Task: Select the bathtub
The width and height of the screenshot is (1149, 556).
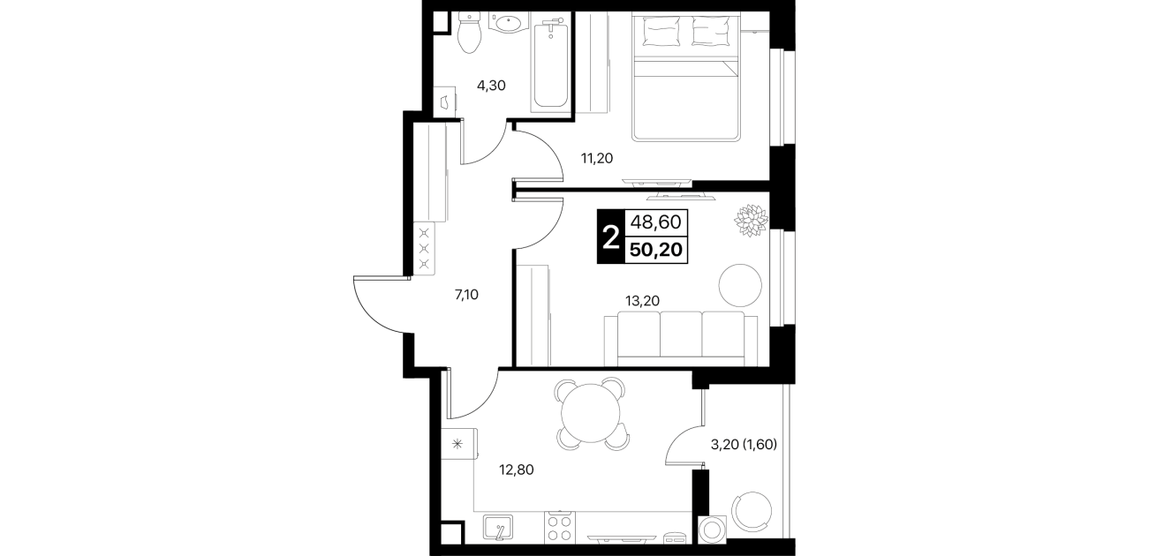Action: (x=550, y=62)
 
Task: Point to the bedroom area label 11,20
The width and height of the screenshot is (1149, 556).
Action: (x=596, y=158)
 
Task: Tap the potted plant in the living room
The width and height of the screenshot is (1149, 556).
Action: (x=751, y=221)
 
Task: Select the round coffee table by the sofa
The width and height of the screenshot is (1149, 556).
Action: (x=740, y=285)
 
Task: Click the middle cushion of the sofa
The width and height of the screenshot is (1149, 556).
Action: (x=681, y=334)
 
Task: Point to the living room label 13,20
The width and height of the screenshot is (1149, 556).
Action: (x=642, y=301)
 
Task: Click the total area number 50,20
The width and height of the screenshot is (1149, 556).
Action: (x=656, y=250)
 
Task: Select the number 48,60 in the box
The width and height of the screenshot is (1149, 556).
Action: (x=656, y=222)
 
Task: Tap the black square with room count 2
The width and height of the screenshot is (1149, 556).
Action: (x=610, y=237)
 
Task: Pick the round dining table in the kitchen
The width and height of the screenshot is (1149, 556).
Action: (x=591, y=414)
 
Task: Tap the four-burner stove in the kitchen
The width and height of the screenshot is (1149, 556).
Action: (x=560, y=528)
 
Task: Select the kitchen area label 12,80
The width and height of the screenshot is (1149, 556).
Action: (x=517, y=470)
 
